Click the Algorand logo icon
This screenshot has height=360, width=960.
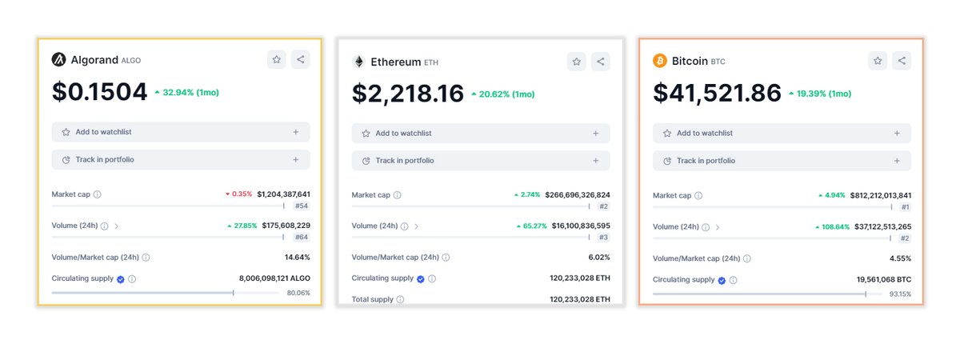click(58, 59)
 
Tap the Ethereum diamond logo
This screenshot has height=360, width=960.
click(358, 62)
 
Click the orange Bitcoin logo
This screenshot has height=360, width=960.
click(660, 61)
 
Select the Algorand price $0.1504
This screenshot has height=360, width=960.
click(100, 92)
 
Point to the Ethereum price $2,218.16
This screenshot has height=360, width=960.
click(408, 94)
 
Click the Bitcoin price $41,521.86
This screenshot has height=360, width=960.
click(717, 94)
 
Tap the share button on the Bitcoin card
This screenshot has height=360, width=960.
click(902, 61)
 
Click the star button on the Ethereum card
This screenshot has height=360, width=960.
click(577, 62)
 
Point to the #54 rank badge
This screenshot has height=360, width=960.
click(301, 206)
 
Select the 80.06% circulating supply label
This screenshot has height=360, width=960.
click(298, 293)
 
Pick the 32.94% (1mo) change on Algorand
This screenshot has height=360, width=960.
click(190, 93)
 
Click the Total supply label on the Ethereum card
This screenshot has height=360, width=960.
click(372, 299)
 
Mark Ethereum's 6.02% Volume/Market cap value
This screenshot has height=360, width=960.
click(599, 258)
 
